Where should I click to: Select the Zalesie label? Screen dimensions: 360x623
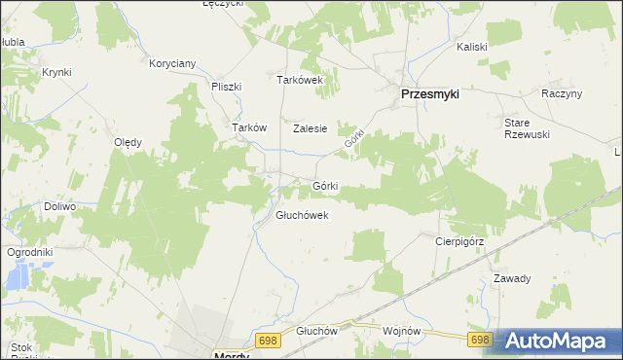point(310,127)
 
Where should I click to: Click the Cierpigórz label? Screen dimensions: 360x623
point(459,240)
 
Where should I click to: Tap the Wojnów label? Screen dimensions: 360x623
point(402,331)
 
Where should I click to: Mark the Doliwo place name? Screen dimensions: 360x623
point(59,207)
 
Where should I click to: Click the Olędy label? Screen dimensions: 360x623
point(128,142)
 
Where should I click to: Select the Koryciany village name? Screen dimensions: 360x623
point(172,64)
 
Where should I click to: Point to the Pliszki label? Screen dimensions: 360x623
point(226,86)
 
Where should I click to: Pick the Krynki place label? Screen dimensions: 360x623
point(56,72)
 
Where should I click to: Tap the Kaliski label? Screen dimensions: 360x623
point(472,47)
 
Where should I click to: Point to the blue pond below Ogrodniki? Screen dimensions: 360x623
point(18,278)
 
